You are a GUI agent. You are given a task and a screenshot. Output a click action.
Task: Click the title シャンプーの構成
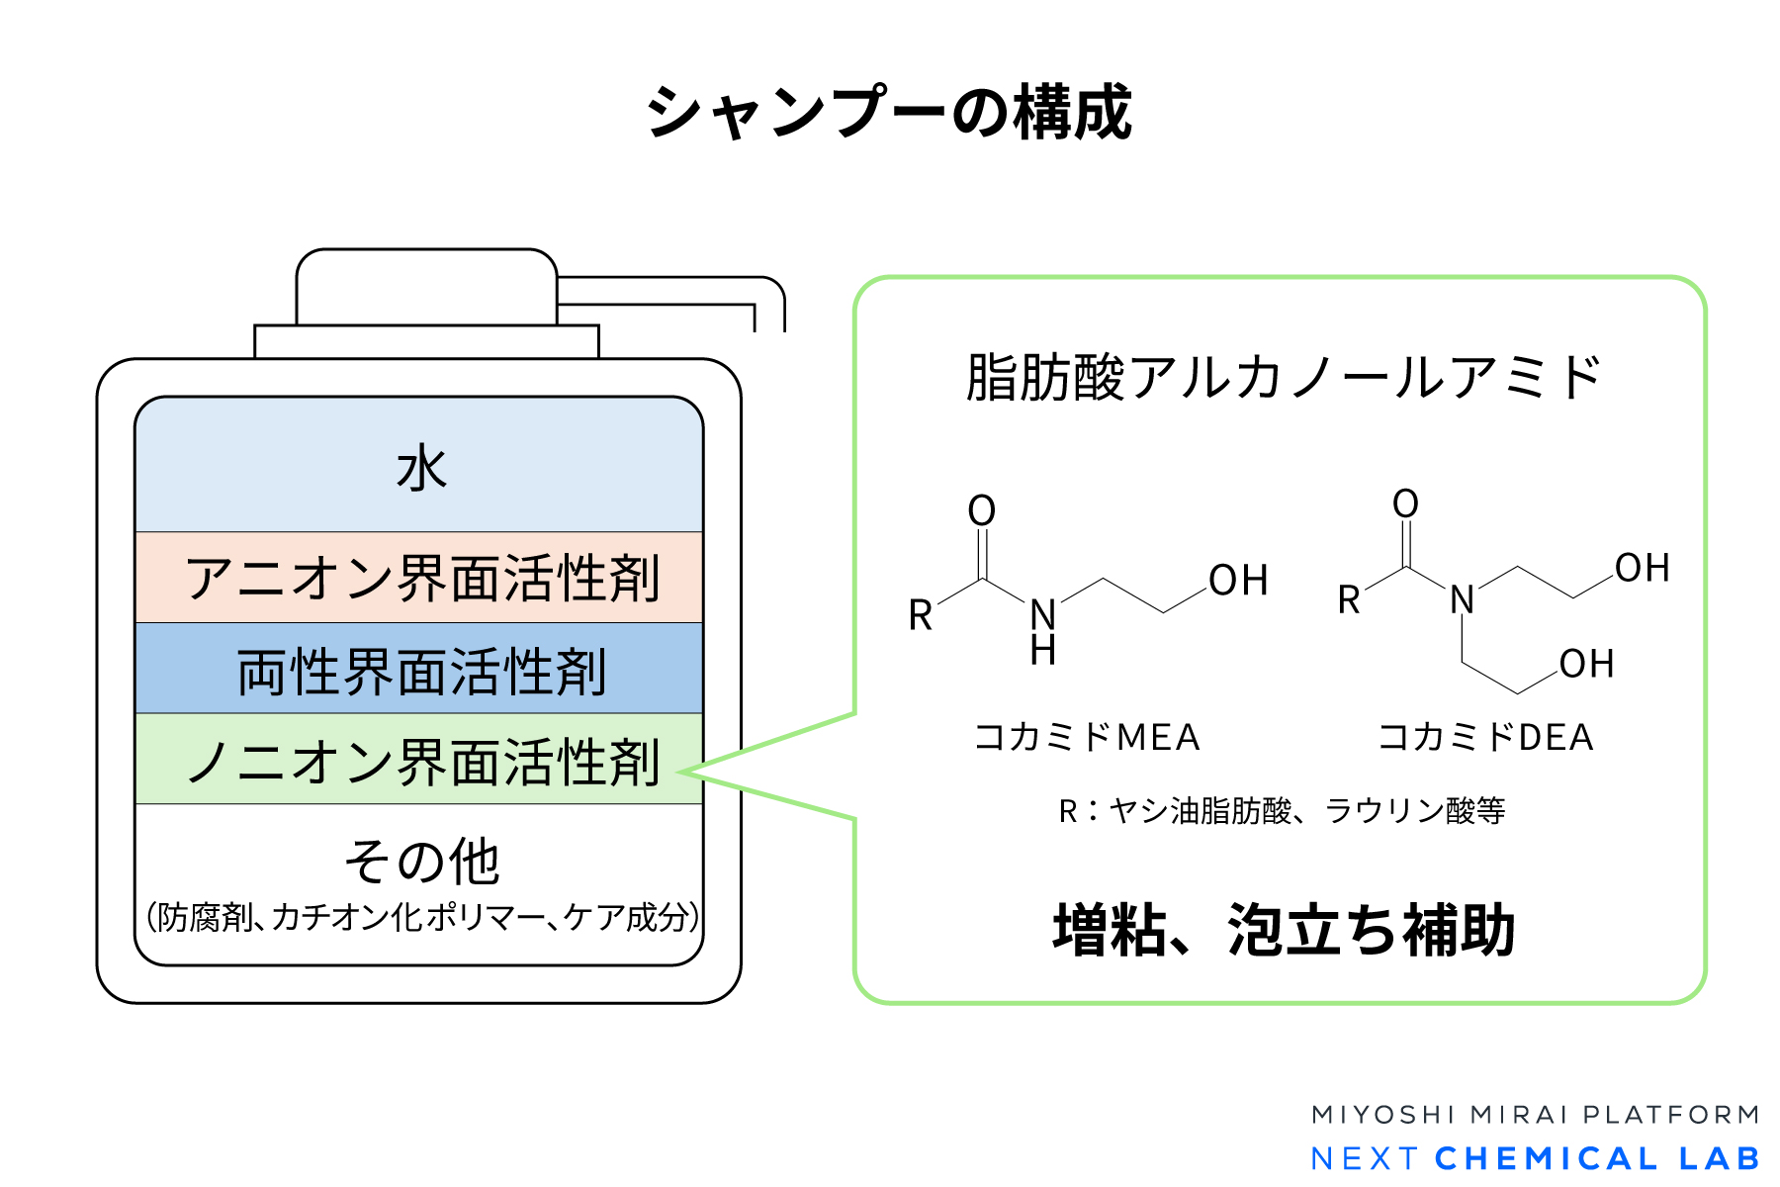point(889,112)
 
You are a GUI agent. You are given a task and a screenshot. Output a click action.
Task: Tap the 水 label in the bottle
point(421,468)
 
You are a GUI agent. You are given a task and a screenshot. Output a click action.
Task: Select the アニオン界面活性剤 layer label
point(421,579)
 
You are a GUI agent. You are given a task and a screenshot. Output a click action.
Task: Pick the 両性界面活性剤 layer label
point(421,672)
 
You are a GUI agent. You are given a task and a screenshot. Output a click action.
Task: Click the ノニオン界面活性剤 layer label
point(421,762)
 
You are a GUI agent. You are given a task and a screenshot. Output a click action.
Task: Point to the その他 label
point(421,861)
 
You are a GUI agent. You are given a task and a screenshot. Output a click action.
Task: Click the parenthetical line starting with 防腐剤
point(421,917)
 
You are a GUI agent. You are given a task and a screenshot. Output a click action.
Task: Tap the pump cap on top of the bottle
point(426,287)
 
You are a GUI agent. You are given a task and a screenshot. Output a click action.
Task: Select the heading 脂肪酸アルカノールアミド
point(1283,378)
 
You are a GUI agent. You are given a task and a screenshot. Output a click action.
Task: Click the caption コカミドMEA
point(1087,737)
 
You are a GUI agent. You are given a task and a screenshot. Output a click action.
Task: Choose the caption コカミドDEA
point(1485,737)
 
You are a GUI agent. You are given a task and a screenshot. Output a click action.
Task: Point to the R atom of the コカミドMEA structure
point(921,615)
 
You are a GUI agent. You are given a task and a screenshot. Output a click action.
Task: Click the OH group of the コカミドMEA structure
point(1238,581)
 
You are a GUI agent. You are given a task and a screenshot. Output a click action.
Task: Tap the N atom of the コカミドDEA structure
point(1462,599)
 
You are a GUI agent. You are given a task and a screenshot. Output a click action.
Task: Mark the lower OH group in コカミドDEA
point(1586,664)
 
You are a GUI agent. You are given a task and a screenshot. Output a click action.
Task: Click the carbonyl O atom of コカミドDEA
point(1405,503)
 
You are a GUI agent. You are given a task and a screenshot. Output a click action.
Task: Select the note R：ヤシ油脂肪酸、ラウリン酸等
point(1282,811)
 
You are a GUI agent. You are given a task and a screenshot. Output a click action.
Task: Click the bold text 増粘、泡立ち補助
point(1284,930)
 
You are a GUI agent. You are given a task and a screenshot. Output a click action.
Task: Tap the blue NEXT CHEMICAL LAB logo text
point(1536,1158)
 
